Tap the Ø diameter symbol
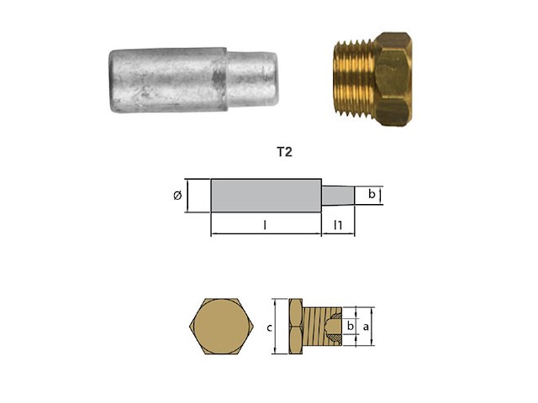177,196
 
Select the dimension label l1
337,225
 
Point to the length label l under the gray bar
265,225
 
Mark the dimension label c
268,327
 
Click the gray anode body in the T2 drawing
266,196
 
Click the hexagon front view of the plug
219,326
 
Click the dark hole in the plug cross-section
335,326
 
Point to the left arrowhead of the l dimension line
214,233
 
